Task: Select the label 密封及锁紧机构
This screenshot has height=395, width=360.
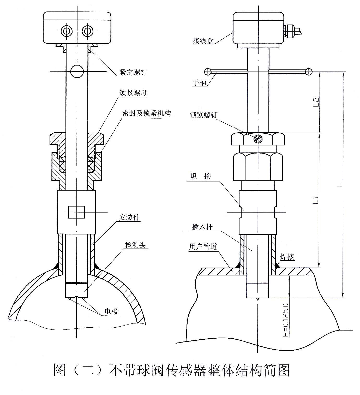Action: [x=146, y=113]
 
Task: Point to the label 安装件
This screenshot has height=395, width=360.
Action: [x=129, y=217]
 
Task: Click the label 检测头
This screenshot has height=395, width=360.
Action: [x=135, y=245]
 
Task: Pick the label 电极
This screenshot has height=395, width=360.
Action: [x=111, y=311]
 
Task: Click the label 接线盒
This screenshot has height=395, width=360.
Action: [x=203, y=41]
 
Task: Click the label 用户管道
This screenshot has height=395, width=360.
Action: [x=203, y=246]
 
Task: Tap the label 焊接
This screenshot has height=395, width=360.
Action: [x=287, y=257]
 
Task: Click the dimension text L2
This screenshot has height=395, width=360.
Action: [x=316, y=102]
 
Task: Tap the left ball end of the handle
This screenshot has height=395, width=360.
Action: [x=208, y=71]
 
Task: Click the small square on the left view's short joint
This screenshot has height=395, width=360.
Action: [x=77, y=212]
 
